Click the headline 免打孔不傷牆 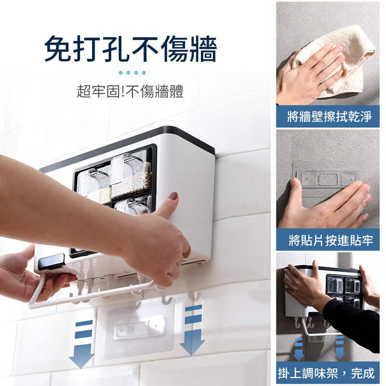pyautogui.click(x=130, y=49)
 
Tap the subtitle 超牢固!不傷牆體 pyautogui.click(x=130, y=92)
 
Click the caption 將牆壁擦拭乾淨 pyautogui.click(x=330, y=116)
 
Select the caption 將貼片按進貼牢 pyautogui.click(x=331, y=240)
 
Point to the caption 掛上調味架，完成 pyautogui.click(x=326, y=373)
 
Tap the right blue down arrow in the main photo pyautogui.click(x=193, y=330)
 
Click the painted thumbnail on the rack pyautogui.click(x=173, y=197)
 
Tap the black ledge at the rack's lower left pyautogui.click(x=51, y=262)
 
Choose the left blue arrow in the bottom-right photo pyautogui.click(x=299, y=349)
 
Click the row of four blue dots pyautogui.click(x=132, y=73)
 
